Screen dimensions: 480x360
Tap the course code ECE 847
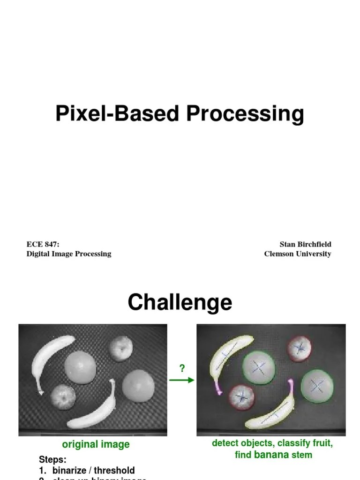coord(43,244)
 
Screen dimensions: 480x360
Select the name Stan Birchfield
coord(305,244)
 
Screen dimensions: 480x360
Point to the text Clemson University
coord(298,254)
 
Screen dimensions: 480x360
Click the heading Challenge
coord(180,302)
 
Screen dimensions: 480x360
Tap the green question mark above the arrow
coord(182,368)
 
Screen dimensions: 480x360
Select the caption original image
coord(96,444)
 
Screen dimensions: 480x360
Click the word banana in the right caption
coord(271,454)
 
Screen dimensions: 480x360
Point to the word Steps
coord(52,459)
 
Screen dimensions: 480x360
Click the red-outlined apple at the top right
coord(300,348)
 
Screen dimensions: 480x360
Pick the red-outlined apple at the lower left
coord(241,397)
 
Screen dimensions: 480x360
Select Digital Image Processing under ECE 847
coord(69,254)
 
